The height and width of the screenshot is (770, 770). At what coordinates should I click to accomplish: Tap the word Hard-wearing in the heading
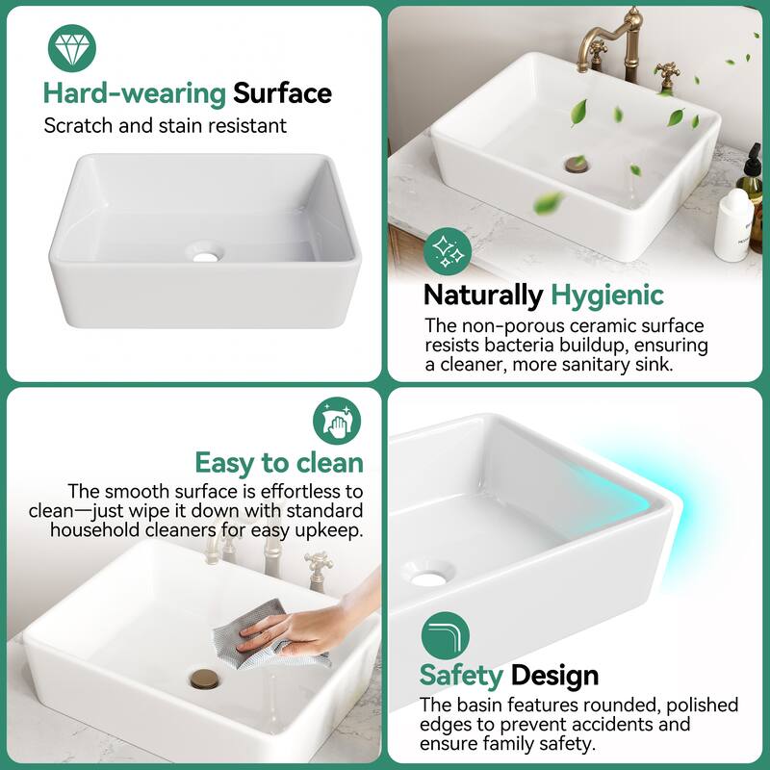tap(134, 93)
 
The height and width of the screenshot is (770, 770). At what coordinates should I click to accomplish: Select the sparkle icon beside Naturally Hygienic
tap(446, 250)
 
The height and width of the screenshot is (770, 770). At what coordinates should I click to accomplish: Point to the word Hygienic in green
tap(606, 295)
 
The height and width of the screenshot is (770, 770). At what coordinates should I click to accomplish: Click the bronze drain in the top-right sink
tap(577, 164)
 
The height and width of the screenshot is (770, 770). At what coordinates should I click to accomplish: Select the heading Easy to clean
tap(279, 463)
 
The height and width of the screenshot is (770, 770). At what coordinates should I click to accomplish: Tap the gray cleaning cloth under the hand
tap(260, 640)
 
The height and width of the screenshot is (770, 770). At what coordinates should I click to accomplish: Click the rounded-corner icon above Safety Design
tap(446, 635)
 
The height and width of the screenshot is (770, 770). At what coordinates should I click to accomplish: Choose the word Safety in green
tap(461, 676)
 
